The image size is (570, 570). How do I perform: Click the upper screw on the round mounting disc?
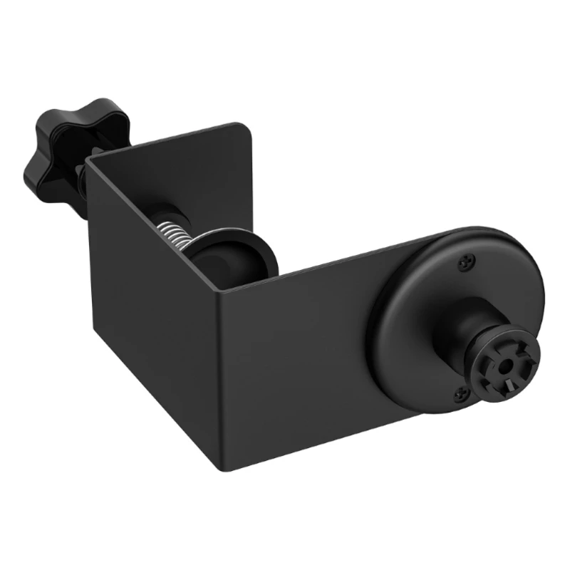click(467, 263)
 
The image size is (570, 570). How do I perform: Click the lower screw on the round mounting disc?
click(460, 390)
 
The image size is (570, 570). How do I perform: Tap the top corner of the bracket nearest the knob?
click(90, 162)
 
